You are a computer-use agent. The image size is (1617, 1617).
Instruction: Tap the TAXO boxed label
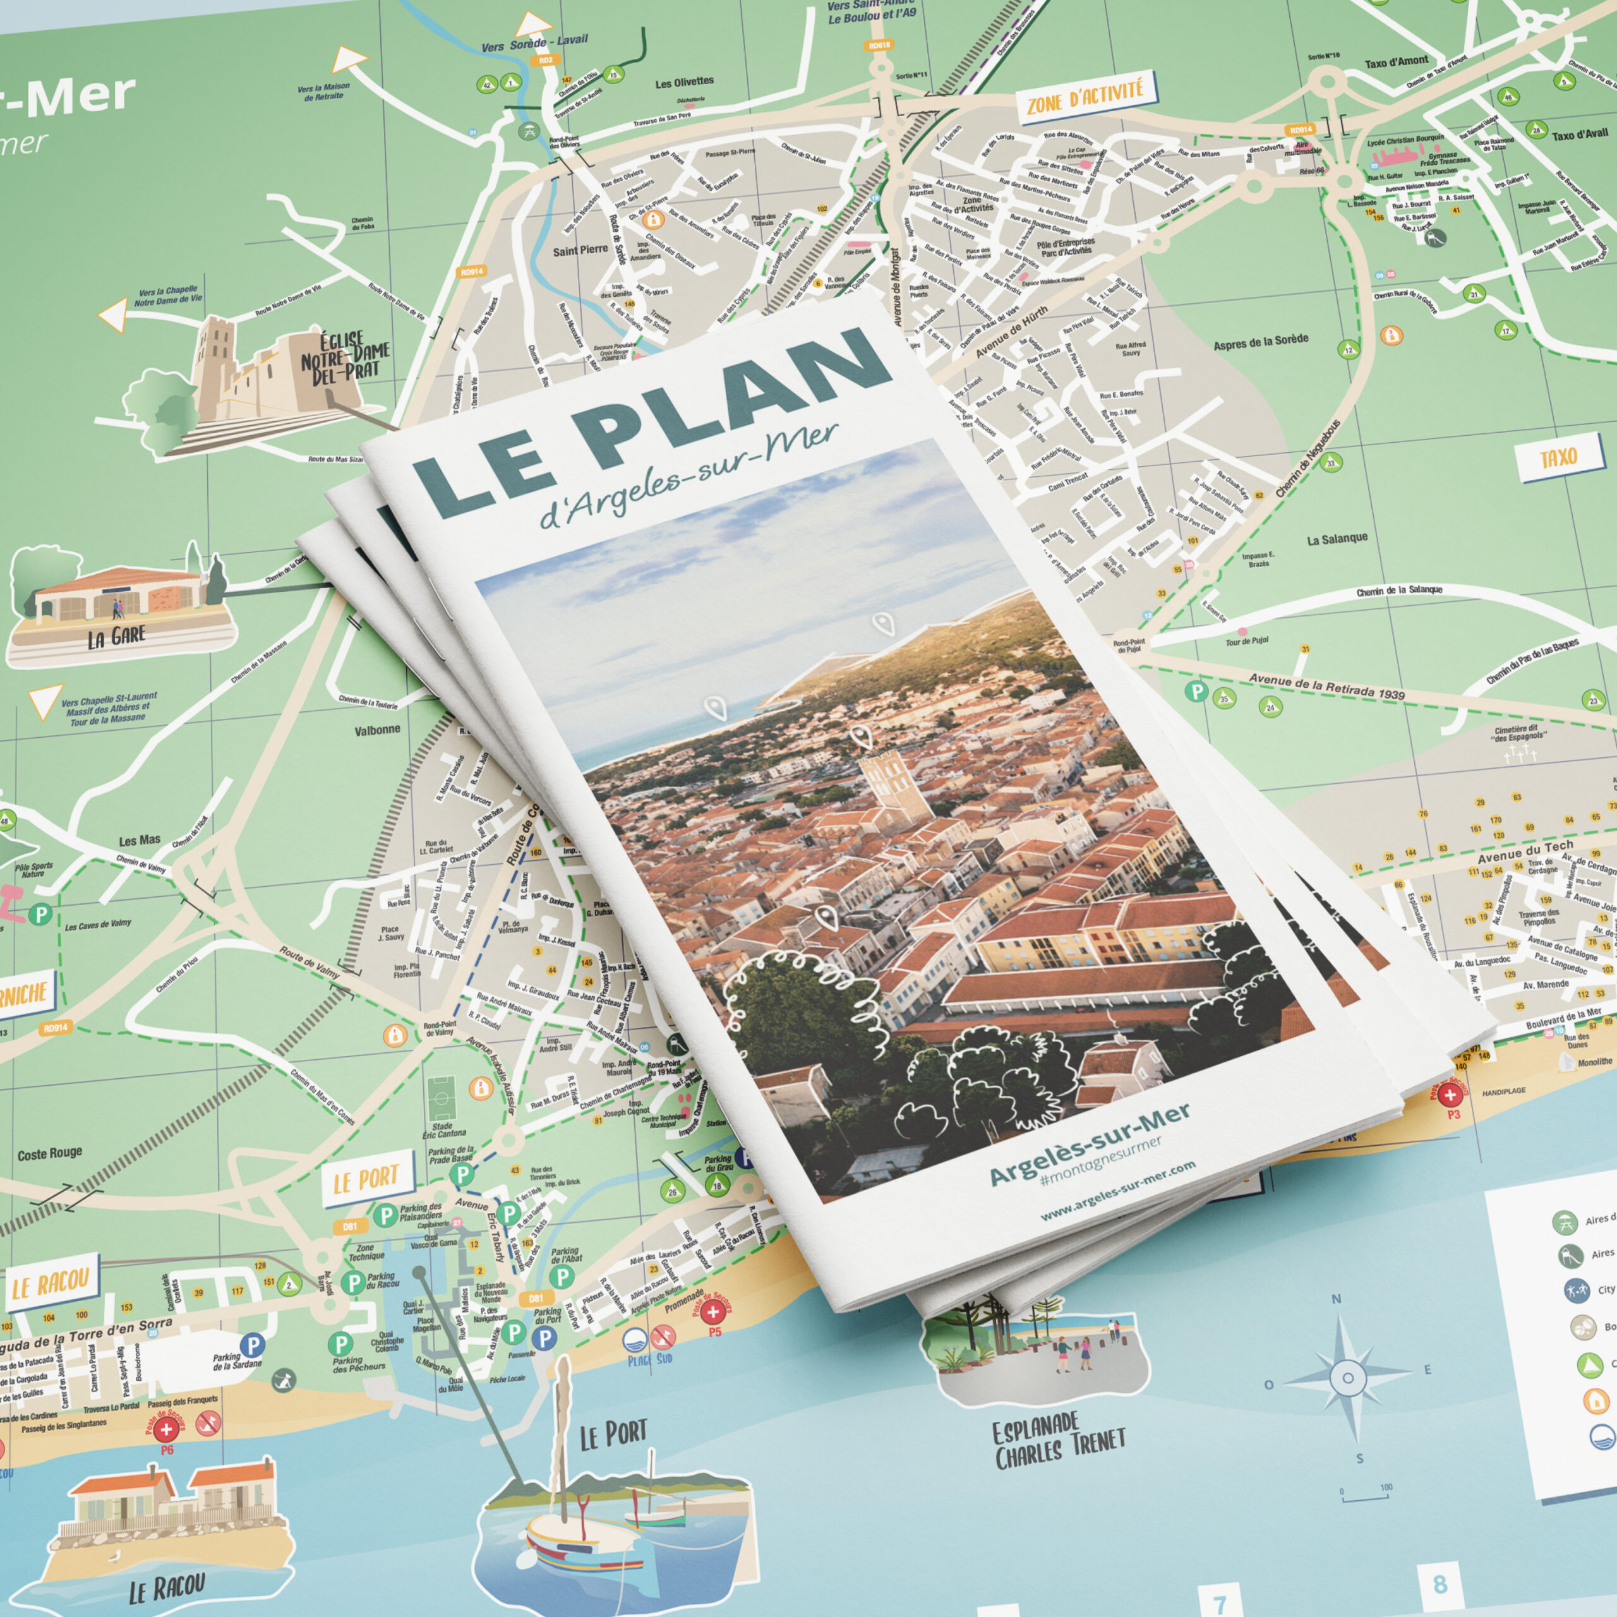tap(1558, 458)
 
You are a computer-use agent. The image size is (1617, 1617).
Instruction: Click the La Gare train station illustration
tap(117, 596)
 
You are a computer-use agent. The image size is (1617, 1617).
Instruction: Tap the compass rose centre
tap(1347, 1378)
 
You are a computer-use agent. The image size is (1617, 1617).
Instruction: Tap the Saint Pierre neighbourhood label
tap(580, 249)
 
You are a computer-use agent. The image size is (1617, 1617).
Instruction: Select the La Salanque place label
tap(1337, 539)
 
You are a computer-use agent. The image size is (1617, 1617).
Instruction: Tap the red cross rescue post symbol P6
tap(165, 1431)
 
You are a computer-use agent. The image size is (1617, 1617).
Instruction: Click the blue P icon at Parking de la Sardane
tap(252, 1345)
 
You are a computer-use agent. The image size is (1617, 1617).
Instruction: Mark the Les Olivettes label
tap(684, 82)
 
